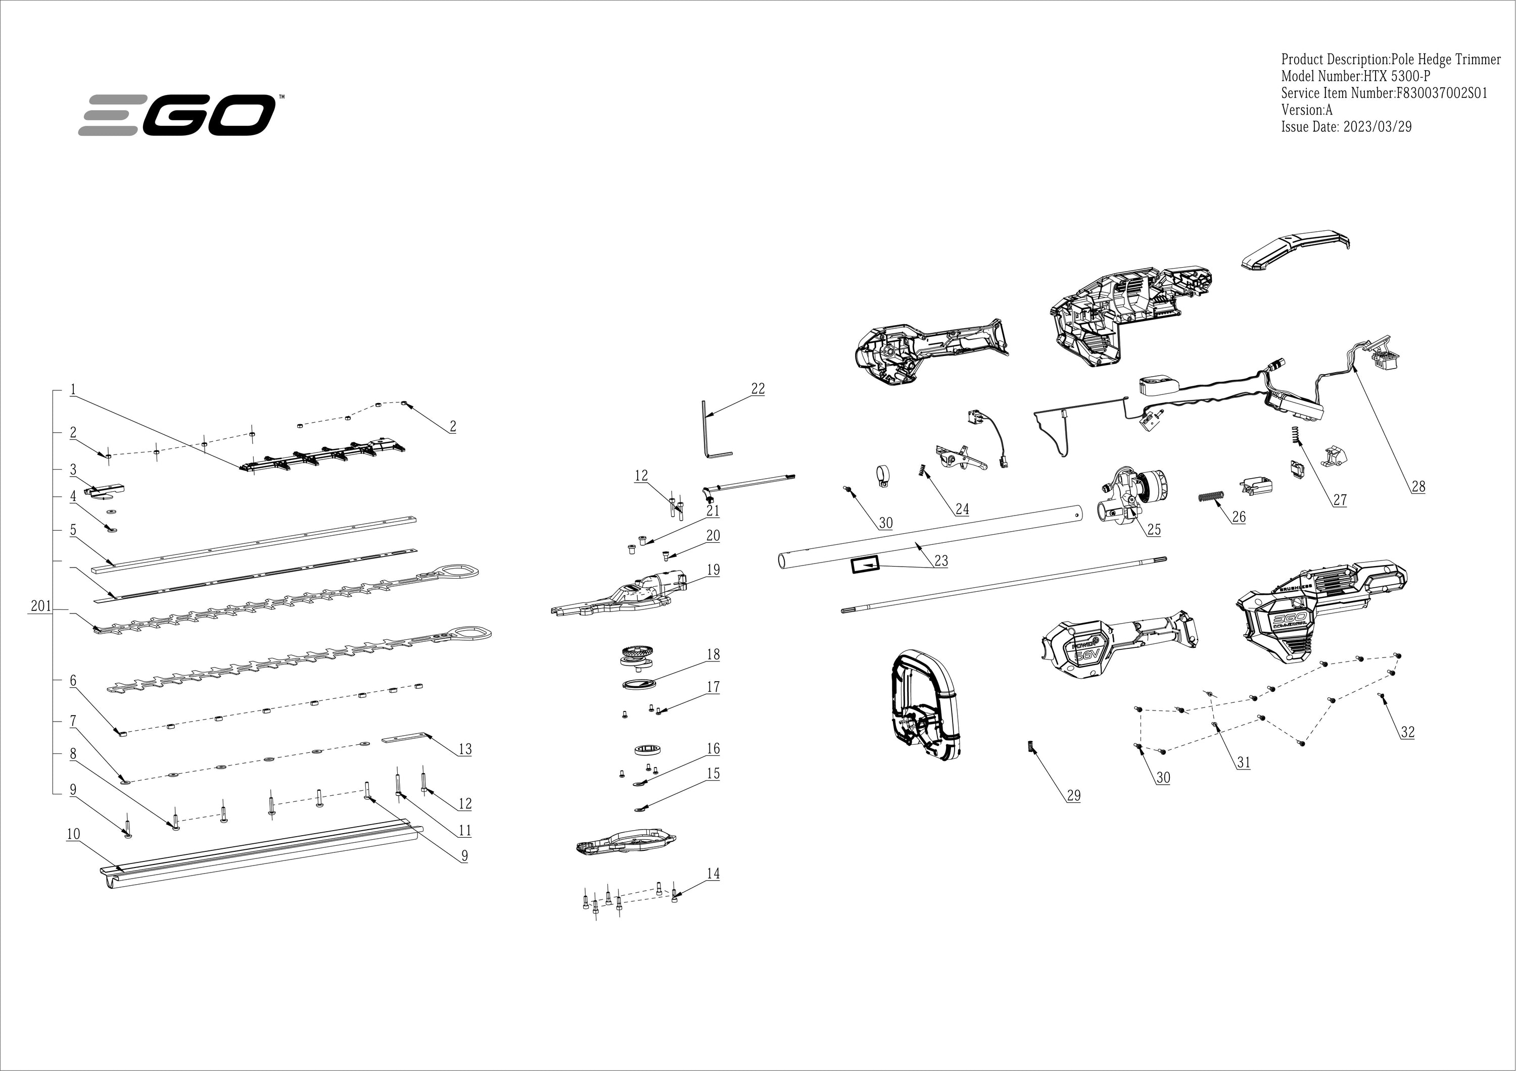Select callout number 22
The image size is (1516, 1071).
click(757, 389)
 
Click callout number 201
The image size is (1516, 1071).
click(40, 606)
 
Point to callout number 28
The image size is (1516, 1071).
click(1418, 487)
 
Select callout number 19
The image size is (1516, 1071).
click(713, 570)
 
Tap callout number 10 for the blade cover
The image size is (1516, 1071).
click(73, 834)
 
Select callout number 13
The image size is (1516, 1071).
click(465, 749)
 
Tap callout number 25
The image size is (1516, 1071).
click(1154, 529)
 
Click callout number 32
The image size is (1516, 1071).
click(1408, 732)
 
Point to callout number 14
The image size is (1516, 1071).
click(713, 874)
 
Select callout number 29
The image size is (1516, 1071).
click(1074, 796)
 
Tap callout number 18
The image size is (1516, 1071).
click(713, 654)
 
